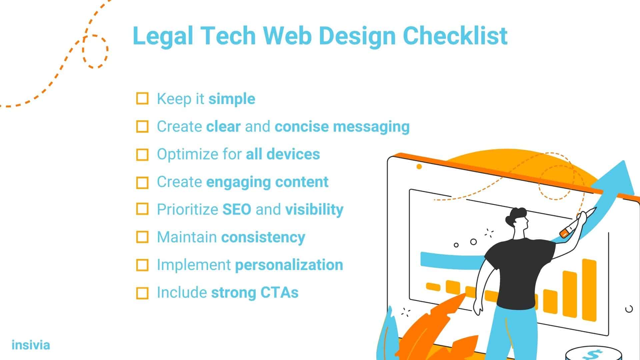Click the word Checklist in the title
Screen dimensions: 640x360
pyautogui.click(x=455, y=35)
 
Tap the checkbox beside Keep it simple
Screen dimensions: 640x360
pyautogui.click(x=142, y=99)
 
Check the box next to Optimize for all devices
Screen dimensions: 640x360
pyautogui.click(x=142, y=155)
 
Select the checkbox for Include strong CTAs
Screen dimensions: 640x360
pyautogui.click(x=142, y=293)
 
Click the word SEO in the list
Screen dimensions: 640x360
pyautogui.click(x=237, y=209)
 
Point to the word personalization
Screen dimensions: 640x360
pyautogui.click(x=289, y=265)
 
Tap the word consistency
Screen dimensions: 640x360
pyautogui.click(x=263, y=238)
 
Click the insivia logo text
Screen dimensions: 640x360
pyautogui.click(x=31, y=345)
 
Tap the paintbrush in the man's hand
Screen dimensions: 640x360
pyautogui.click(x=578, y=222)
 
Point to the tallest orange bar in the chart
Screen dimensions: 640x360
pyautogui.click(x=589, y=290)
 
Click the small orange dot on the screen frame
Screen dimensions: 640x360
pyautogui.click(x=419, y=166)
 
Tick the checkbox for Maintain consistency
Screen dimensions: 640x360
pyautogui.click(x=142, y=237)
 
